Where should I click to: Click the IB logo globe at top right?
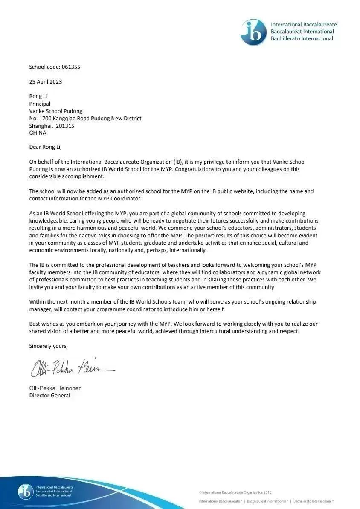(254, 32)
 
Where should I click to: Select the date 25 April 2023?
(46, 82)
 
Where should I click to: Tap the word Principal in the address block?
(40, 104)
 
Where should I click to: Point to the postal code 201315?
(65, 126)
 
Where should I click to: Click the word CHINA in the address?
(38, 133)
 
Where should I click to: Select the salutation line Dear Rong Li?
(45, 147)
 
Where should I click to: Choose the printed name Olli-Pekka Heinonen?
(55, 388)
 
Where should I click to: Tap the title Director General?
(49, 396)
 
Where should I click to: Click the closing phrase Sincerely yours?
(48, 346)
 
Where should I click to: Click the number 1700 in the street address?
(44, 119)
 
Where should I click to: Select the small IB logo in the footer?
(25, 492)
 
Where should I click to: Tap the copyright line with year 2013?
(235, 492)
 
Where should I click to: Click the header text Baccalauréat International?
(302, 32)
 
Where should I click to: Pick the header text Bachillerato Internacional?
(302, 38)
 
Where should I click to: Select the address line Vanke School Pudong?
(55, 111)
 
